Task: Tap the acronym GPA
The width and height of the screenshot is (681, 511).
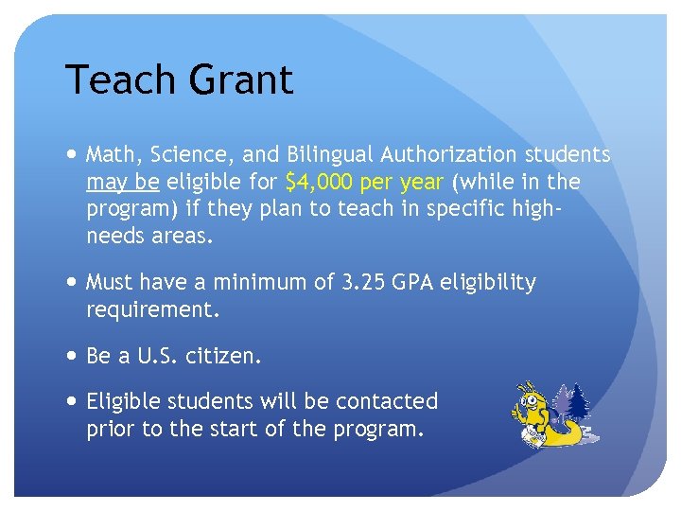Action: click(x=416, y=283)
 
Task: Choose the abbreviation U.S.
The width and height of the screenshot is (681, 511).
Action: click(x=162, y=356)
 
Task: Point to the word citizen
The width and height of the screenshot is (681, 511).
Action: click(x=225, y=356)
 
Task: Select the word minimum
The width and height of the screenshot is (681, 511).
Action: click(x=259, y=283)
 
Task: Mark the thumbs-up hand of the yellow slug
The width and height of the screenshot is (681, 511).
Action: click(x=516, y=414)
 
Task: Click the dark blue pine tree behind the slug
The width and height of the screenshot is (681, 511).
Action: click(x=578, y=402)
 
